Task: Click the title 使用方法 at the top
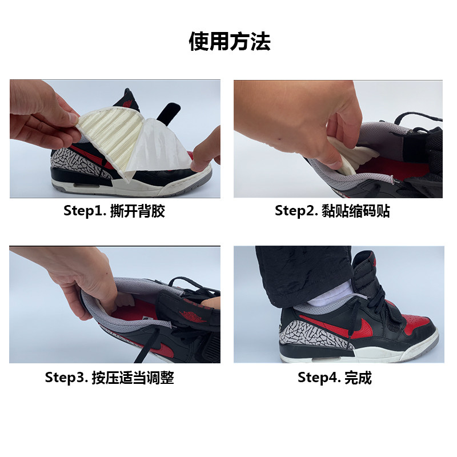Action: [230, 41]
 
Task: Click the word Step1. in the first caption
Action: [85, 210]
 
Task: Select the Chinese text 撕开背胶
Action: [138, 210]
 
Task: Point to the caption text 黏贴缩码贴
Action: [355, 210]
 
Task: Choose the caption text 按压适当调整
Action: [133, 378]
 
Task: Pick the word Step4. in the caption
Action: [319, 378]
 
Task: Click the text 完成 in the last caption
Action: [358, 378]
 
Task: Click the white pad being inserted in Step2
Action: [351, 156]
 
